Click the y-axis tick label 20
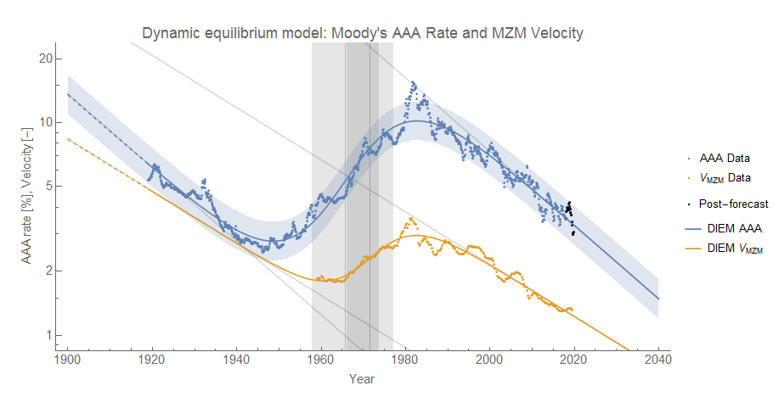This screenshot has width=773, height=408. pos(44,59)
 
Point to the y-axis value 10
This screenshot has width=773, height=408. pos(44,122)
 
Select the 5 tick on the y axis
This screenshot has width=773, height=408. pos(48,186)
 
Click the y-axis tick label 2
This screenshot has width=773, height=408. pos(48,271)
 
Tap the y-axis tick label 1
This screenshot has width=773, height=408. pos(48,334)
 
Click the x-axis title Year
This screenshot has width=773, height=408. pos(362,379)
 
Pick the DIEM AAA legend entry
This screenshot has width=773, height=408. pos(722,227)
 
